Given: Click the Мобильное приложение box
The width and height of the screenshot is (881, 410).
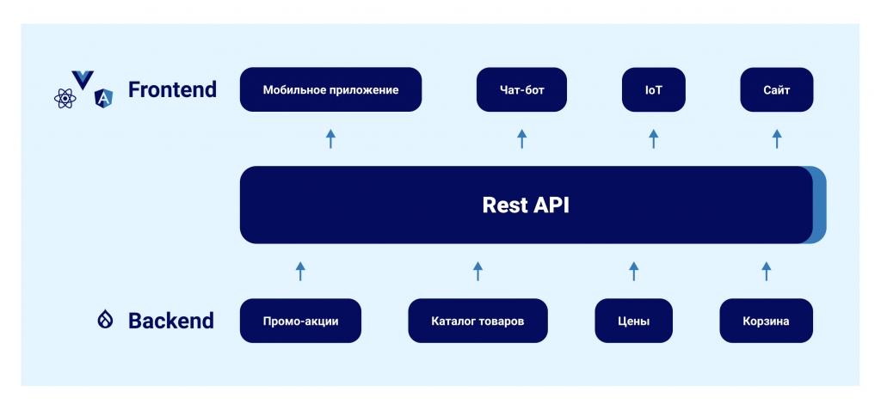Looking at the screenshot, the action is coord(330,90).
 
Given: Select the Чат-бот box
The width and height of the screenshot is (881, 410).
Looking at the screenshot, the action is coord(521,90).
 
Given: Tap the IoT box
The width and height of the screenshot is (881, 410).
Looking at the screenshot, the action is coord(654,90).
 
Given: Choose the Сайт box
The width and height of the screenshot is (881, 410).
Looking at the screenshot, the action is coord(777,90).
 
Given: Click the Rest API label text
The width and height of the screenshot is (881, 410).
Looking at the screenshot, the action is coord(526,205).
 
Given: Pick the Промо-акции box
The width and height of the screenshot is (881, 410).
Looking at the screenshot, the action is coord(300,321).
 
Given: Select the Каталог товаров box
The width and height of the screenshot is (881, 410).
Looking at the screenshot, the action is coord(477,321).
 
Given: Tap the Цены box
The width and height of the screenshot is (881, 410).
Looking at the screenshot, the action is coord(634,321).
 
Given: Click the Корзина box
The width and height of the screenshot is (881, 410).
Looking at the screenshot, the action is coord(766,321).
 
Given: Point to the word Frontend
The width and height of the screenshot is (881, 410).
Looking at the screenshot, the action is coord(172,89).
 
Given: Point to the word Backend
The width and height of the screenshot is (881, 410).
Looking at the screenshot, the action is coord(171,321).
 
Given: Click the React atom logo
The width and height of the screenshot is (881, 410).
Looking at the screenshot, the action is coord(65,99).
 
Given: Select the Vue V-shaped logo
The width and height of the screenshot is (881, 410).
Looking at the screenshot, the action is coord(83,80).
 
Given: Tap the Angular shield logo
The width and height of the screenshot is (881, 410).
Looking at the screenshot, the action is coord(103,98).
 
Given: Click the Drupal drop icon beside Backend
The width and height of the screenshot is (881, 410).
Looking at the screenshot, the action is coord(105,320).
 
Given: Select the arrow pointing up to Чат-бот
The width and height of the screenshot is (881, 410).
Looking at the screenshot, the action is coord(521,138).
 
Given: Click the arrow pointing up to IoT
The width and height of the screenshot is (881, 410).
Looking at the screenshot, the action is coord(654,138).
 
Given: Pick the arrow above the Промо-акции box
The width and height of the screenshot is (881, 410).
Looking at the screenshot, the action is coord(300,272).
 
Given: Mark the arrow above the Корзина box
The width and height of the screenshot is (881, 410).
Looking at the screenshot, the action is coord(766,272).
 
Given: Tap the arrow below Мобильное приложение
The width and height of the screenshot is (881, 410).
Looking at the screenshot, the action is coord(330,138).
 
